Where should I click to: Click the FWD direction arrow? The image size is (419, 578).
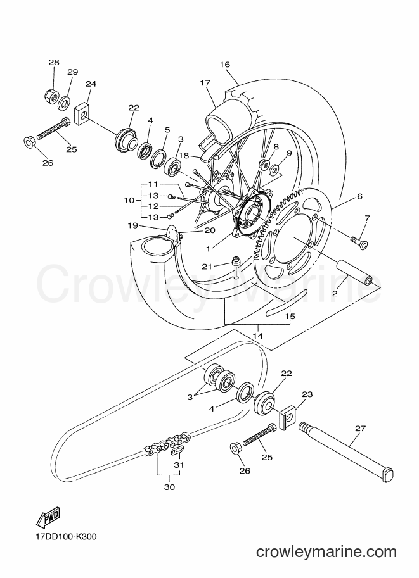coord(48,517)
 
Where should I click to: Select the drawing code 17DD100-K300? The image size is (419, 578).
coord(67,537)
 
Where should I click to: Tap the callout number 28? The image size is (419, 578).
coord(54,62)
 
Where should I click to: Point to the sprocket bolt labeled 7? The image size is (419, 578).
coord(358,241)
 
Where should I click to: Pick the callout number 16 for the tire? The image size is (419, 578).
coord(225,65)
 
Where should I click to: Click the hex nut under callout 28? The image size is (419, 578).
coord(51,96)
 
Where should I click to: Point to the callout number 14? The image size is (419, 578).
coord(258,336)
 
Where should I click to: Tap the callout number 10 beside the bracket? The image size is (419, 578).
coord(129,201)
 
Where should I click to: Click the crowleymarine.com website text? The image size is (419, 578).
coord(326,551)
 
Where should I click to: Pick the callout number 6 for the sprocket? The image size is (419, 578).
coord(359,196)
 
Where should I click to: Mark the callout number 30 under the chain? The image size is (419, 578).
coord(169,487)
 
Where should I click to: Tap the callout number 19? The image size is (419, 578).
coord(132,225)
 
